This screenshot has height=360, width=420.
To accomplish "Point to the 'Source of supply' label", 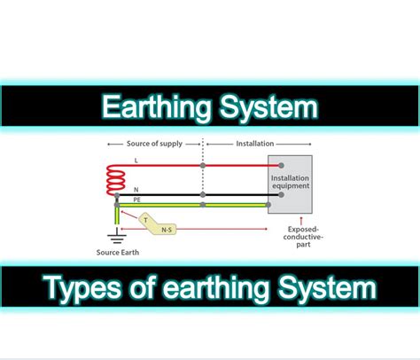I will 154,142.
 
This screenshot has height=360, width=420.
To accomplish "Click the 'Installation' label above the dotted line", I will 256,142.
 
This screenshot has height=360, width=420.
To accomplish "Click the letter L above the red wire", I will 136,160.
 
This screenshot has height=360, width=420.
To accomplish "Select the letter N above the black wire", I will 136,188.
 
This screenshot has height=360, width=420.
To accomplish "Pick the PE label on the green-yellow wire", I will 137,200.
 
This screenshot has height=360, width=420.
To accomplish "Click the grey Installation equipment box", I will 289,186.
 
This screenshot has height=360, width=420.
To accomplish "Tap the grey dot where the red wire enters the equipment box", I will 281,165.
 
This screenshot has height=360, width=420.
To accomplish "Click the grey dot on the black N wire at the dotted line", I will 204,194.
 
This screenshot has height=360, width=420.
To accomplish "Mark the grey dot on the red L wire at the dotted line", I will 204,165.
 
